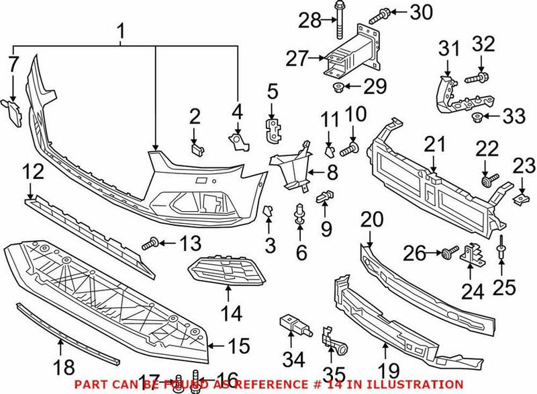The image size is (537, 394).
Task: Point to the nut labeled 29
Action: point(338,87)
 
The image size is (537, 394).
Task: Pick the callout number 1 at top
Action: point(121,30)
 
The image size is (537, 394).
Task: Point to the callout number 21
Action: point(434,143)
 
